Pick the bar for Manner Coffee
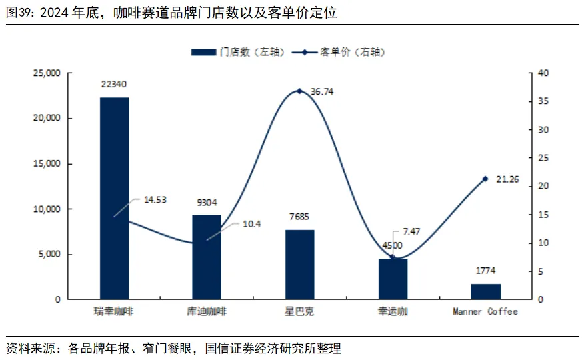pos(485,291)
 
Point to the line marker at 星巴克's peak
pos(299,91)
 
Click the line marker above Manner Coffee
pos(485,179)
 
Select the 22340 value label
pos(114,85)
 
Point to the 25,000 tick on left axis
pos(46,73)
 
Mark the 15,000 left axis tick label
pos(46,164)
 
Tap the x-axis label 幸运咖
pos(393,311)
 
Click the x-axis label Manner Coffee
pos(485,311)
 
